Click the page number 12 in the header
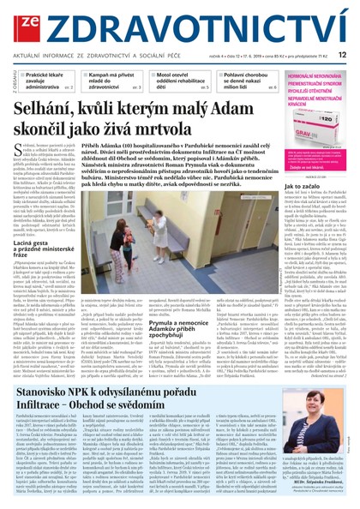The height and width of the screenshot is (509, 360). click(x=341, y=53)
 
